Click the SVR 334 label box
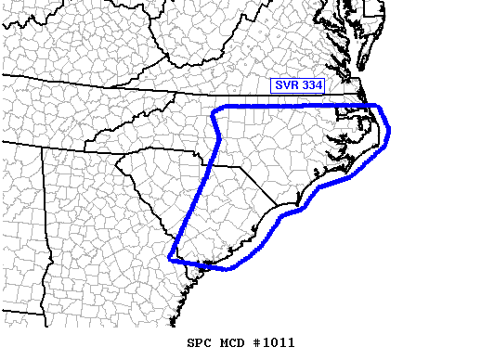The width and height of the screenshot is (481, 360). point(298,85)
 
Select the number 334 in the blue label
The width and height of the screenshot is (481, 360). point(310,85)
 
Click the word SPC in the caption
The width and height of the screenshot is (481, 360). point(200,342)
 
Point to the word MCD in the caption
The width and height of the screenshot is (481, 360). point(234,342)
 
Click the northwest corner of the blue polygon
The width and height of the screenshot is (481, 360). point(214,110)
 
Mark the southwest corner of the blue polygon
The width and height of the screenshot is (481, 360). point(169,257)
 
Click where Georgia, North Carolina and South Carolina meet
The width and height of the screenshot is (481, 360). point(117,159)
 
